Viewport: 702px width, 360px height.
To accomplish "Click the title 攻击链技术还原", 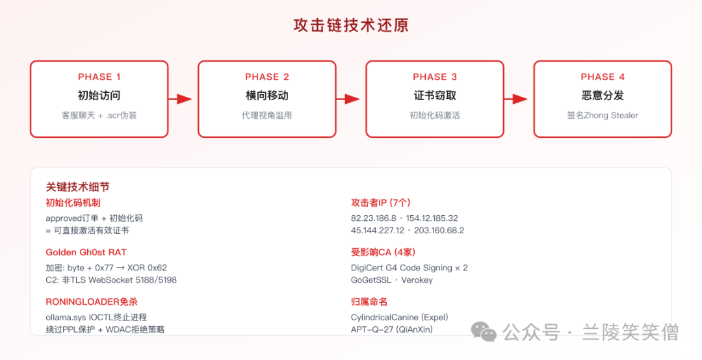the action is click(351, 25).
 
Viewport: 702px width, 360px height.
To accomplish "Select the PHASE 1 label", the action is click(99, 77).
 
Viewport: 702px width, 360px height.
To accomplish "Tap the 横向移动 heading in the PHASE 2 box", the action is click(267, 96).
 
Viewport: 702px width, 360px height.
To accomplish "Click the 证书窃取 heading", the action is click(435, 96).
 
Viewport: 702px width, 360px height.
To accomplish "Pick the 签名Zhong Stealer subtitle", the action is click(603, 115).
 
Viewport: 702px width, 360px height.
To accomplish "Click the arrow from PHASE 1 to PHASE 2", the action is click(180, 99).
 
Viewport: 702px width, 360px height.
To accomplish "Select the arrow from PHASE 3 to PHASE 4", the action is click(515, 99).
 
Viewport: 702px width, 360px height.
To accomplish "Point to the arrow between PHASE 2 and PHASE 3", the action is click(348, 99).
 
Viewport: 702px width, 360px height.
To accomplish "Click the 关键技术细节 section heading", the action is click(77, 186).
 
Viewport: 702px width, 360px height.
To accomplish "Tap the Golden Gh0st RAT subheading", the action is click(86, 253).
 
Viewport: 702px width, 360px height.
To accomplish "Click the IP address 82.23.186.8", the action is click(373, 218).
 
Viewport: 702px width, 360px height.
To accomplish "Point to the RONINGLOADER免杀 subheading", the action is click(92, 302).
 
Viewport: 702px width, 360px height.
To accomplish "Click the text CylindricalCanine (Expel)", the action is click(399, 318).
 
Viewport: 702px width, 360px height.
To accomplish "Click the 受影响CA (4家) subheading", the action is click(383, 253).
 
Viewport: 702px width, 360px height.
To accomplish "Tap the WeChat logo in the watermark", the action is click(484, 332).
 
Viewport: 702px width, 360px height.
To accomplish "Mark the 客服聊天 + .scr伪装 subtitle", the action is click(99, 115).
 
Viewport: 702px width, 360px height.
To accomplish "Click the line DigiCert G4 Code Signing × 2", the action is click(409, 268).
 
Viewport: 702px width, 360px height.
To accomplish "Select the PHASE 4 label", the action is click(603, 77).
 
